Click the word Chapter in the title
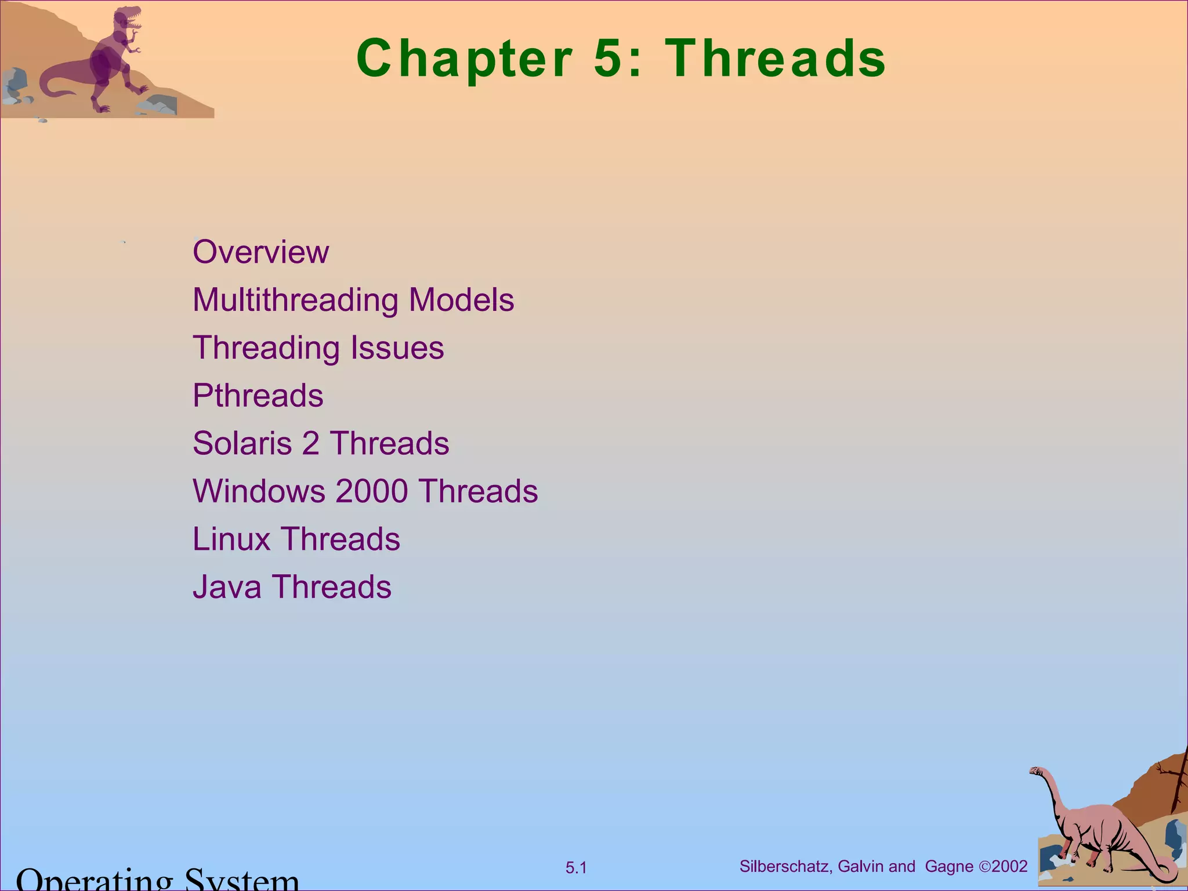(x=464, y=58)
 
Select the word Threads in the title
(x=776, y=58)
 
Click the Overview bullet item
(x=260, y=252)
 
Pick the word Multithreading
(x=295, y=300)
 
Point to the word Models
(x=461, y=300)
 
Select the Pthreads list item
(x=258, y=396)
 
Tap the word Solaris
(x=241, y=444)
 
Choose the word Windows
(x=259, y=491)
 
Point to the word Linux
(x=231, y=539)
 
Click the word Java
(x=227, y=587)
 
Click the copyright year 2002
(x=1009, y=867)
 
